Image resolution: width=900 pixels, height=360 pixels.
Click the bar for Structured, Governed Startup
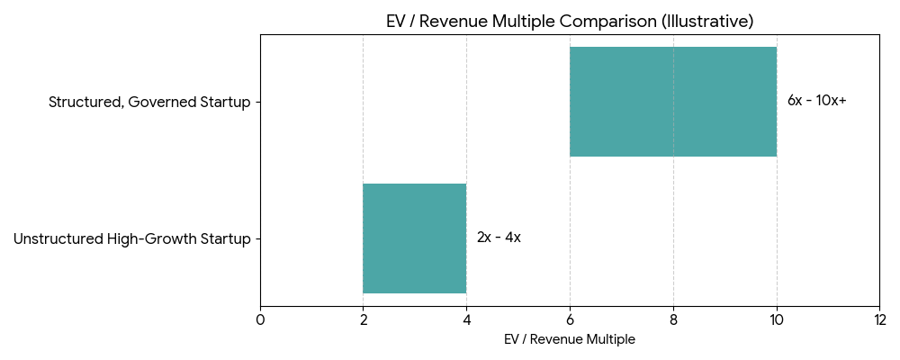coord(672,102)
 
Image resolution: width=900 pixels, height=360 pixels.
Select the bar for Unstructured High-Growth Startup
coord(414,238)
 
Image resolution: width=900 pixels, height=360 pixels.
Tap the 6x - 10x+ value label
coord(816,101)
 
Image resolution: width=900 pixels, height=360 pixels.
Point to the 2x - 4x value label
coord(499,238)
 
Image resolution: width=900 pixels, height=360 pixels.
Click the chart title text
coord(570,21)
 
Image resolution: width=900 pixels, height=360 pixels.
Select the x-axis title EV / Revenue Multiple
coord(570,339)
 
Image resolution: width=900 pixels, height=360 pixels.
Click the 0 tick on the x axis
coord(260,319)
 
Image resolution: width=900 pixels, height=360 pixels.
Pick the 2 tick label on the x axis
coord(363,319)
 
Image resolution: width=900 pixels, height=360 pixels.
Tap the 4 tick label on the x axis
coord(466,319)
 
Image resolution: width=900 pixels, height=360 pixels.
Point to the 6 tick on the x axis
coord(570,319)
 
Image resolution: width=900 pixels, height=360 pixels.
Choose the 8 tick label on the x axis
coord(673,319)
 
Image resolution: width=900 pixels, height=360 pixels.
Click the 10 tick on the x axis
coord(776,319)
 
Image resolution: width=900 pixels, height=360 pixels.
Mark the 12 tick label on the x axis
coord(879,319)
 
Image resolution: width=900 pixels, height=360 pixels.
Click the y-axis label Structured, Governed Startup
coord(149,102)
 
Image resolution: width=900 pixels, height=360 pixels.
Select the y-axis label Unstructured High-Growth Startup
coord(131,239)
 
